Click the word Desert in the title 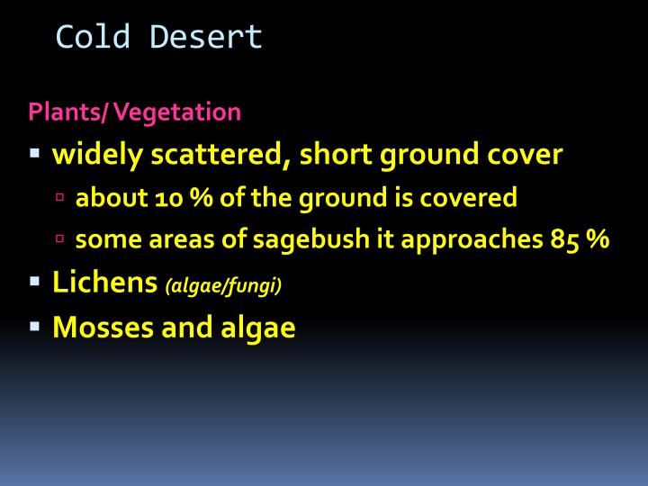tap(206, 37)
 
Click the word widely tap(97, 155)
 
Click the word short tap(336, 155)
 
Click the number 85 tap(565, 240)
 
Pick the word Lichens tap(105, 283)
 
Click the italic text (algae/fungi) tap(224, 286)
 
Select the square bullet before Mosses tap(35, 327)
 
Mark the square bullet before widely tap(35, 155)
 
